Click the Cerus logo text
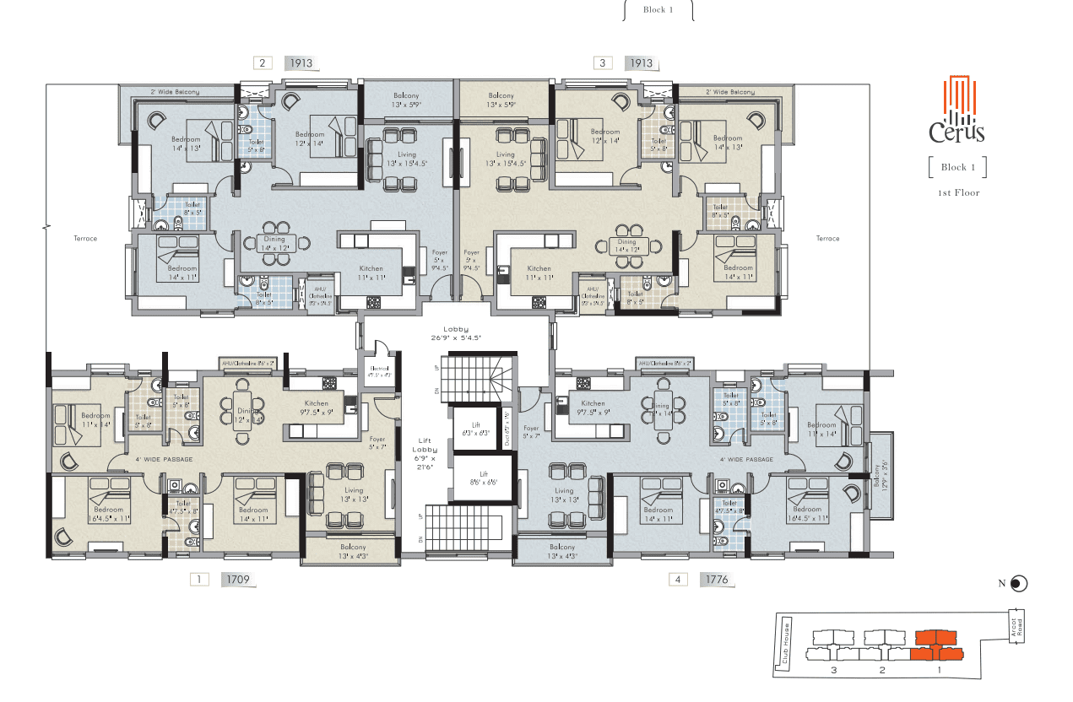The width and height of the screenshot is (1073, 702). point(956,132)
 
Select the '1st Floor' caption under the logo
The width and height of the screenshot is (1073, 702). point(957,193)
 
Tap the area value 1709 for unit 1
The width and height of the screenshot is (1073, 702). point(236,580)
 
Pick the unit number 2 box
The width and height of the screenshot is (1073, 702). point(263,62)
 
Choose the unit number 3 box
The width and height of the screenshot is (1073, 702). point(603,62)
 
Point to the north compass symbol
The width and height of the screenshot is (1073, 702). point(1019,583)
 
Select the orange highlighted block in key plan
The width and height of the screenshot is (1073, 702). point(937,645)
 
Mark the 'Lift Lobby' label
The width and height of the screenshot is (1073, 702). point(425,451)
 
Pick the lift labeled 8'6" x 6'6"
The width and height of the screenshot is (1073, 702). point(478,479)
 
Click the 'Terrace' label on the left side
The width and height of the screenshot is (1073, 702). point(85,239)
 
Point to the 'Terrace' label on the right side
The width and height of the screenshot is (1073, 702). point(827,239)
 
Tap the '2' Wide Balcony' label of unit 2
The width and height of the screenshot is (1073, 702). point(175,91)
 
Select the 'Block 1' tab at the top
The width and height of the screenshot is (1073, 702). point(658,10)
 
